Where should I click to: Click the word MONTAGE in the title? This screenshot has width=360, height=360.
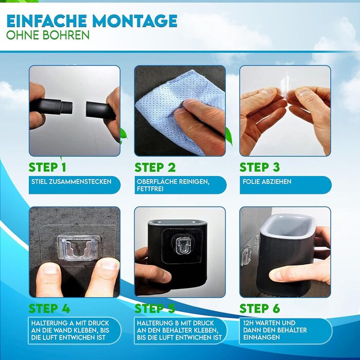point(135,21)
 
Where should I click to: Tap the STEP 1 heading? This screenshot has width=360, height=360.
point(47,167)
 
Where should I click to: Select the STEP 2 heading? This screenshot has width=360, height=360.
point(155,167)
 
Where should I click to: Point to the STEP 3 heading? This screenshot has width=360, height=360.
point(260,167)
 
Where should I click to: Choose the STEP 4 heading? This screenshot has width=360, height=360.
point(49,309)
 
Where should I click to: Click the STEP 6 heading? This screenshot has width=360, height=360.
point(260,309)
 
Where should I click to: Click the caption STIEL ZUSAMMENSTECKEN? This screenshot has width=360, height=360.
point(71,182)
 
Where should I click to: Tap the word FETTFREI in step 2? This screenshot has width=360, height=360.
point(150,189)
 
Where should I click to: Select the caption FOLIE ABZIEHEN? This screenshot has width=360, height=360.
point(267,182)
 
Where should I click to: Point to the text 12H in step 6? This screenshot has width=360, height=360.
point(248,323)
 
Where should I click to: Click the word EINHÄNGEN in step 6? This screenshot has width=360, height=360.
point(261,337)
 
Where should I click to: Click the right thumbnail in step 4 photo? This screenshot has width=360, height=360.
point(110,264)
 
